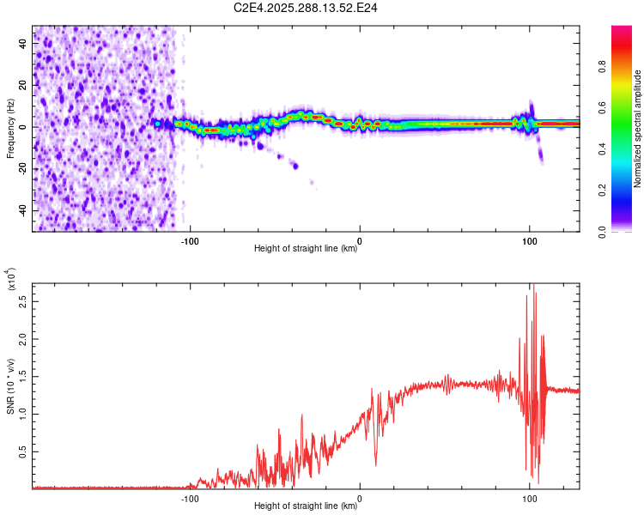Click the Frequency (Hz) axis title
point(10,129)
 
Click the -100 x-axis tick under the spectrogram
point(190,241)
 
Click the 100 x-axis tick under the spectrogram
point(530,241)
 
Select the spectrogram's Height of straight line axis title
point(306,250)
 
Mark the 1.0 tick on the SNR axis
point(21,414)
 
